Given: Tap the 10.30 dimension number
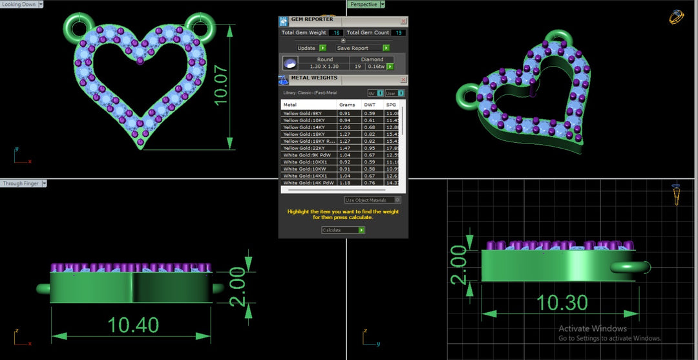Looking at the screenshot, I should coord(562,302).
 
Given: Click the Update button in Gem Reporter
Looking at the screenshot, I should coord(307,48).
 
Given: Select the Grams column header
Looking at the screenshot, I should coord(347,105).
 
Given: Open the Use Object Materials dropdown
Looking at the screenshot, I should coord(373,200).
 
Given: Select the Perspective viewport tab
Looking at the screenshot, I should coord(363,4).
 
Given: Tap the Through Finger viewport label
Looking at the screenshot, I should coord(21,184).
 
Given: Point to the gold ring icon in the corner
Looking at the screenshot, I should coord(677,17).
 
